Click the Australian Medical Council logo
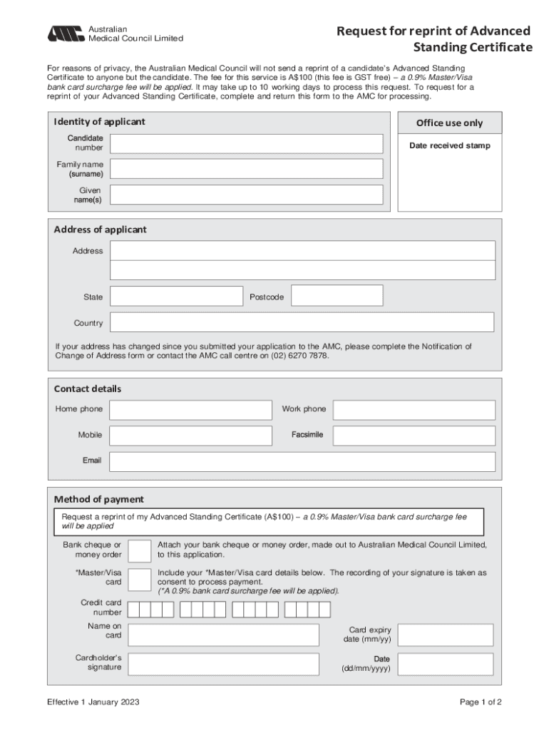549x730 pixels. [x=66, y=34]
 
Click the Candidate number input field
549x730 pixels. [x=246, y=143]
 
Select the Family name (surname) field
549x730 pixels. [x=246, y=169]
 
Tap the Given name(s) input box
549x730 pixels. [x=246, y=195]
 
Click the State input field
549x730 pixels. [x=176, y=297]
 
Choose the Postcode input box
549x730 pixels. [x=337, y=297]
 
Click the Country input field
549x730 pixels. [x=302, y=323]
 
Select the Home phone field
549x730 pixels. [x=190, y=410]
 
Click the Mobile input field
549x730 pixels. [x=190, y=436]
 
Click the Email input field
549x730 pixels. [x=302, y=461]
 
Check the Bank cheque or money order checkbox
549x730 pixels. [x=139, y=550]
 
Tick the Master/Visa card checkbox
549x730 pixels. [x=139, y=579]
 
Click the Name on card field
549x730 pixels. [x=222, y=634]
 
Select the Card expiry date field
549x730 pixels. [x=445, y=634]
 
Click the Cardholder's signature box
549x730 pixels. [x=222, y=664]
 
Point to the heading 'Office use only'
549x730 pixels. [x=449, y=123]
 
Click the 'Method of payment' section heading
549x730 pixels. [x=99, y=499]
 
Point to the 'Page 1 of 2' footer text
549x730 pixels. [x=481, y=702]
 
